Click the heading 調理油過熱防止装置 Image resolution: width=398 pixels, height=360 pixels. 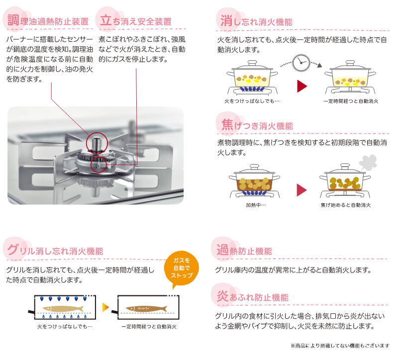click(48, 21)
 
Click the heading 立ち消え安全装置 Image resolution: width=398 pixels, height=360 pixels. click(136, 21)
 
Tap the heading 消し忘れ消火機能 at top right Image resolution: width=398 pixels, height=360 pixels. click(256, 21)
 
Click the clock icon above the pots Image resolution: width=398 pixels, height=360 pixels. click(299, 62)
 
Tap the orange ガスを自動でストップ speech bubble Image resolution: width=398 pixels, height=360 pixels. click(182, 270)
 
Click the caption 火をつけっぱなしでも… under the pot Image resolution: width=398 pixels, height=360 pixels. click(252, 101)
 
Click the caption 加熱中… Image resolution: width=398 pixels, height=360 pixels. click(255, 205)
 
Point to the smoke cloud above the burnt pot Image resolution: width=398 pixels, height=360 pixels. click(369, 161)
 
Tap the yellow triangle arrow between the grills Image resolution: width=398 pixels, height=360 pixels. click(105, 307)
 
